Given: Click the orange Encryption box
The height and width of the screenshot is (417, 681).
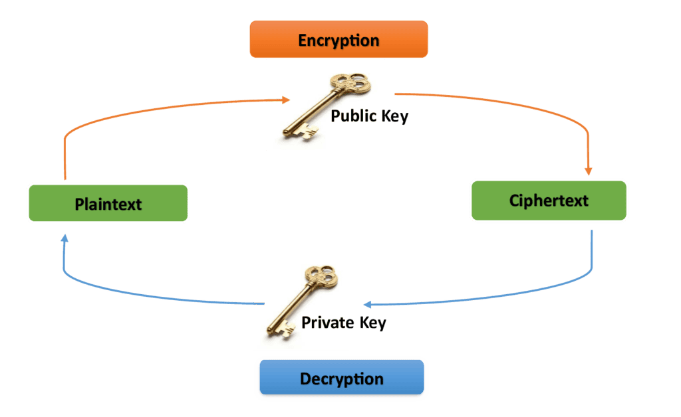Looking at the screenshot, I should (x=339, y=40).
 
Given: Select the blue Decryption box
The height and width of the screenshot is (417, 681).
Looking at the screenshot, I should (x=341, y=379).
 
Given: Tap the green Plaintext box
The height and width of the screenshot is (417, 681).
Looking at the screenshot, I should (x=108, y=203).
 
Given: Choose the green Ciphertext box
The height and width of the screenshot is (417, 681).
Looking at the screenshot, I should (x=549, y=200).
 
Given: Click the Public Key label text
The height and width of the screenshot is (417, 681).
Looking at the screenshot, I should (x=370, y=116).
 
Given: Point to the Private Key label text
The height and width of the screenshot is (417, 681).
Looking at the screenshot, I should (x=344, y=323).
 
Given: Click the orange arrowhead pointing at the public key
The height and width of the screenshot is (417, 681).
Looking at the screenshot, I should (x=285, y=100).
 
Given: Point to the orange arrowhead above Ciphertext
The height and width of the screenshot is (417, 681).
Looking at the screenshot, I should (x=588, y=171).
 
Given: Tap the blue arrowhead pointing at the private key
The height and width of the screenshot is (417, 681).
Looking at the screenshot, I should (x=367, y=304).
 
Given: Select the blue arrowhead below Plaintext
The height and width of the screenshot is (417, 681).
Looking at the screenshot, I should (x=64, y=237).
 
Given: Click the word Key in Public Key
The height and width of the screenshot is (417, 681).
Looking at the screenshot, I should (x=395, y=116).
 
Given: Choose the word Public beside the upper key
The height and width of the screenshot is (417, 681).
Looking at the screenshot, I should (x=354, y=116).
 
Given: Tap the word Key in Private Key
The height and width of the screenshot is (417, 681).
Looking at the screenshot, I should (x=373, y=323).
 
